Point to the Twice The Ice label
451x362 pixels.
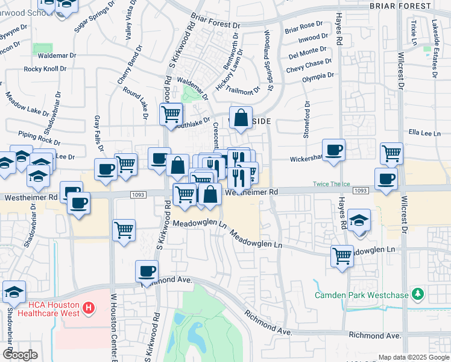[330, 184]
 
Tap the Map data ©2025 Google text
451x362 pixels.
[413, 357]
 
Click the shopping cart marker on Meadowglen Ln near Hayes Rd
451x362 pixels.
[342, 256]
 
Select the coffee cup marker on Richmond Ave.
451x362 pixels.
[147, 271]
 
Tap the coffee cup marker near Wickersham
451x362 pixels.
[333, 150]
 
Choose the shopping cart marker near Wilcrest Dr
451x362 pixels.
[392, 154]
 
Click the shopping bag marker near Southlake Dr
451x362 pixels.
[241, 118]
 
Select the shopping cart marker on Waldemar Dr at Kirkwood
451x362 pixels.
[171, 113]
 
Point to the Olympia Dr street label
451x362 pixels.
[318, 76]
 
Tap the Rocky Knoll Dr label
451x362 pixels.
[45, 69]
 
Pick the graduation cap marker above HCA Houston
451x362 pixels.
[14, 293]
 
